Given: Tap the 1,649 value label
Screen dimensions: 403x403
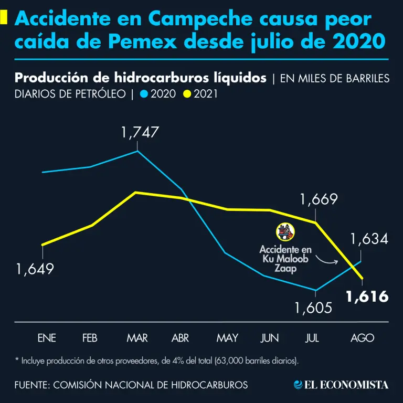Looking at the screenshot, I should [x=35, y=270].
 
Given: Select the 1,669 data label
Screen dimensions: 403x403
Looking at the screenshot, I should [x=319, y=200].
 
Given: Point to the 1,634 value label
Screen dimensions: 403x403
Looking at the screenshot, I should [x=369, y=240].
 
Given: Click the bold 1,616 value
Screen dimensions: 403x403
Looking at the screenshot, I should [x=367, y=296].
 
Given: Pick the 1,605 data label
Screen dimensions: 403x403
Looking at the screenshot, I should [x=313, y=307].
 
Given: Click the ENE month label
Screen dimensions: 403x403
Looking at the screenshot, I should [x=46, y=338].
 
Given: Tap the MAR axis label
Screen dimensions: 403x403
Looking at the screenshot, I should [x=137, y=338].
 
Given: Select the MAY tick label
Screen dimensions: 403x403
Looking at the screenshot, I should [x=227, y=338].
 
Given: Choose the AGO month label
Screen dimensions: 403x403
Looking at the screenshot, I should [x=362, y=338].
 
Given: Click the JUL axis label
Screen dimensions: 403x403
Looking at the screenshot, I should [x=312, y=338].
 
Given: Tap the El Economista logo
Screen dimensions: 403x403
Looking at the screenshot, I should [x=341, y=385].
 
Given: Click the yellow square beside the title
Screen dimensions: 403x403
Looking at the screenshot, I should [x=4, y=18].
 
